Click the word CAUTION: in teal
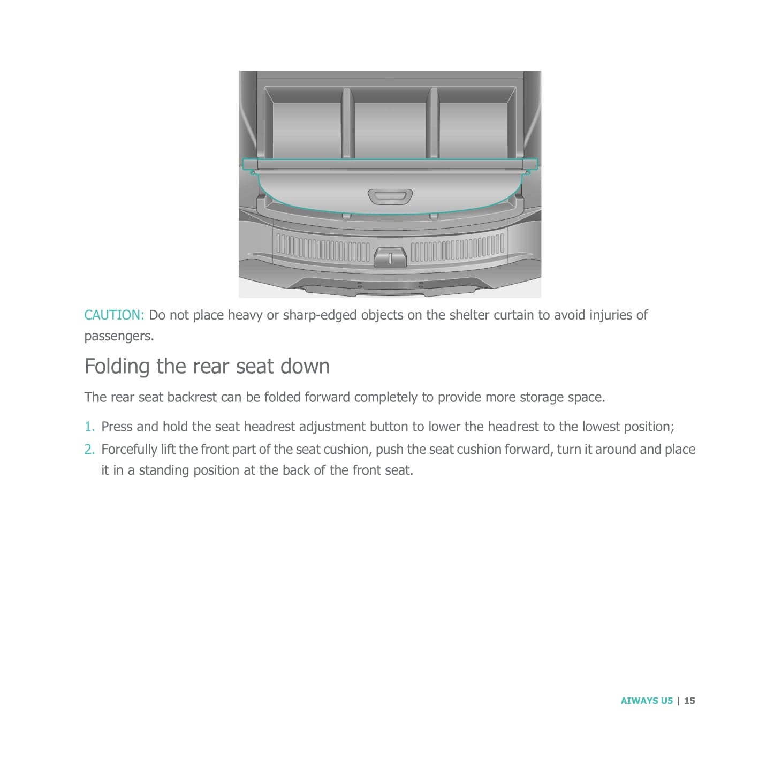[114, 315]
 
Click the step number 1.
[89, 427]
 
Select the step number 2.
[89, 450]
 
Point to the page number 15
[689, 700]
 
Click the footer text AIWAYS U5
[647, 700]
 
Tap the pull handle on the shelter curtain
[390, 196]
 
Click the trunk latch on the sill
[390, 257]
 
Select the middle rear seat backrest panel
[390, 131]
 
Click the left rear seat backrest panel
[307, 131]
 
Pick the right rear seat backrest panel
[473, 131]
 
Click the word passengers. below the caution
[119, 336]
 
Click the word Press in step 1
[117, 427]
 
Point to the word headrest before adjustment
[269, 427]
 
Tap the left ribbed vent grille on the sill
[323, 249]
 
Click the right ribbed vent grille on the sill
[457, 249]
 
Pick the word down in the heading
[305, 367]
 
